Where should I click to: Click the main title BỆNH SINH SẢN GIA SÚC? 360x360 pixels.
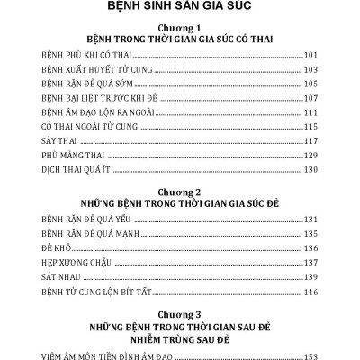click(180, 12)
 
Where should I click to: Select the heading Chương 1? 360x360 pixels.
click(180, 29)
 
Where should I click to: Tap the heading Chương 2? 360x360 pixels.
click(180, 192)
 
